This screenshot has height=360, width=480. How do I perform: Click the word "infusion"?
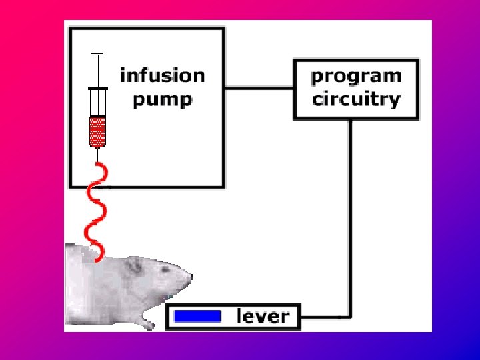(x=162, y=75)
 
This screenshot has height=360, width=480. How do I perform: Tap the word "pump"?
(x=162, y=100)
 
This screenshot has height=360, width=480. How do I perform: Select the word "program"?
(x=356, y=75)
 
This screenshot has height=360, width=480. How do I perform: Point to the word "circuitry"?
(x=356, y=100)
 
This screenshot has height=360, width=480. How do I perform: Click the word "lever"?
(x=263, y=316)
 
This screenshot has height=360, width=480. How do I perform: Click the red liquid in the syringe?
(x=98, y=131)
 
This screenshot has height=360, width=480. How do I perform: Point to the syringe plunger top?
(x=98, y=53)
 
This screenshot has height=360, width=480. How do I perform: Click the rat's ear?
(x=135, y=266)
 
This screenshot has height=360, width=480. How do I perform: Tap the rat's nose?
(x=190, y=275)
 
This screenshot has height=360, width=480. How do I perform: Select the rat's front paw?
(x=147, y=324)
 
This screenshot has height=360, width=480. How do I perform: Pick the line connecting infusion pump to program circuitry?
(x=259, y=87)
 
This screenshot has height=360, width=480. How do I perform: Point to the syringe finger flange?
(x=98, y=89)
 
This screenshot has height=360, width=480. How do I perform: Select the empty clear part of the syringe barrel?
(x=98, y=103)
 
